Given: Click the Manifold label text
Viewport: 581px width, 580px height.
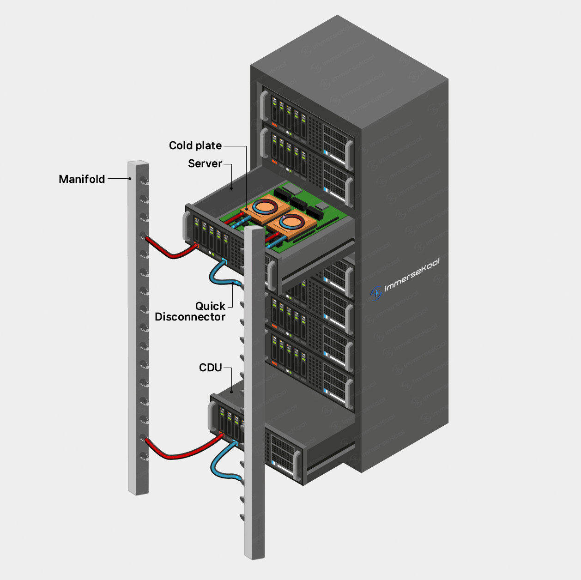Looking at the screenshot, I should [82, 179].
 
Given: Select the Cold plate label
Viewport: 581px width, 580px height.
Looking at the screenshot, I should [195, 145].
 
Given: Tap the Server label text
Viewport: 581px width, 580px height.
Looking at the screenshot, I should [205, 163].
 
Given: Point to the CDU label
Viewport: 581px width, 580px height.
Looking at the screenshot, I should [210, 368].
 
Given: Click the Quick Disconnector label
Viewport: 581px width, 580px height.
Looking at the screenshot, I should [190, 312].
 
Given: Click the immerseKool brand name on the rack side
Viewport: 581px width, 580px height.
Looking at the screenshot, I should [412, 276].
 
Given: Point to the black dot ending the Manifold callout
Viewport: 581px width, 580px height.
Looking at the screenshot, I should [130, 179].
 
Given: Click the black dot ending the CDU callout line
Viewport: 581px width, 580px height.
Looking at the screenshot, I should [232, 392].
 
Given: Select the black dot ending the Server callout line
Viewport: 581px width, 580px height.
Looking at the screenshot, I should [231, 188].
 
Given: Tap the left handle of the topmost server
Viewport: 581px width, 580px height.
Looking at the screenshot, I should [264, 105].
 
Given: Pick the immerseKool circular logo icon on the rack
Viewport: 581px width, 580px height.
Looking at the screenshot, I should [376, 293].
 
